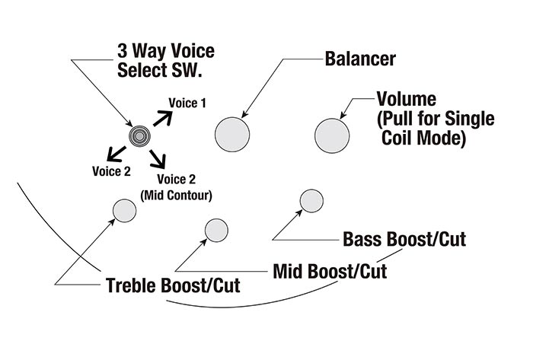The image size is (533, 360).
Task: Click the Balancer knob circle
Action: pyautogui.click(x=232, y=135)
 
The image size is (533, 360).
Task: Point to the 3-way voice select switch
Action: pyautogui.click(x=139, y=136)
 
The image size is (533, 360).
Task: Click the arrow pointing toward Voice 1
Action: pyautogui.click(x=161, y=116)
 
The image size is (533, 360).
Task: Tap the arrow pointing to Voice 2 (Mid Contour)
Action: pyautogui.click(x=158, y=159)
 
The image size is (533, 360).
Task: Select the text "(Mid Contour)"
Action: pyautogui.click(x=177, y=195)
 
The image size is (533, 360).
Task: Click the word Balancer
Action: pyautogui.click(x=360, y=58)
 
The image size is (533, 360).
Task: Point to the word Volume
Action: pyautogui.click(x=406, y=100)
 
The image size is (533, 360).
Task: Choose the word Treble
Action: pyautogui.click(x=131, y=286)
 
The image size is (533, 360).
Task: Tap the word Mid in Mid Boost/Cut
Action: pyautogui.click(x=289, y=271)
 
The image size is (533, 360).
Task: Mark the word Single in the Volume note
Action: pyautogui.click(x=470, y=119)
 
